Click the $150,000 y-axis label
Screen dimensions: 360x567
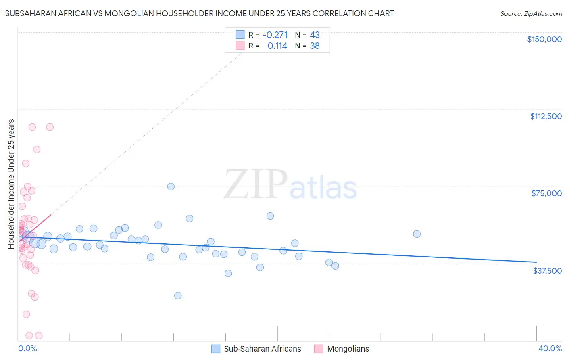544,39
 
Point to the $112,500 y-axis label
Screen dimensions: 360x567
546,116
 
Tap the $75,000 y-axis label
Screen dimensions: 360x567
546,193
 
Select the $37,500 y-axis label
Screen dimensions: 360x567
547,271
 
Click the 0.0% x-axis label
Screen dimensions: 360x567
27,348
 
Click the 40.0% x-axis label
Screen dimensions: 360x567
550,348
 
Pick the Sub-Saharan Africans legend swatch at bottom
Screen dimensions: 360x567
216,349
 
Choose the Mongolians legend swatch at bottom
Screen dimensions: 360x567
319,349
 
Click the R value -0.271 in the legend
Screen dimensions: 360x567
275,35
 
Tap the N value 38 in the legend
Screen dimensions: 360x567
315,46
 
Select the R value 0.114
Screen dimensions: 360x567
277,46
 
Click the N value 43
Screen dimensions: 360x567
315,35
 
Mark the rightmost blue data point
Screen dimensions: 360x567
417,234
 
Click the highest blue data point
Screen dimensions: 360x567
171,186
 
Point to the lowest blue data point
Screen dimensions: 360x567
178,295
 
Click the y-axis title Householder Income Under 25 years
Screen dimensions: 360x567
11,184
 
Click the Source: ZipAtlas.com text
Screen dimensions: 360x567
531,14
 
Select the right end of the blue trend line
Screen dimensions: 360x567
536,262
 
